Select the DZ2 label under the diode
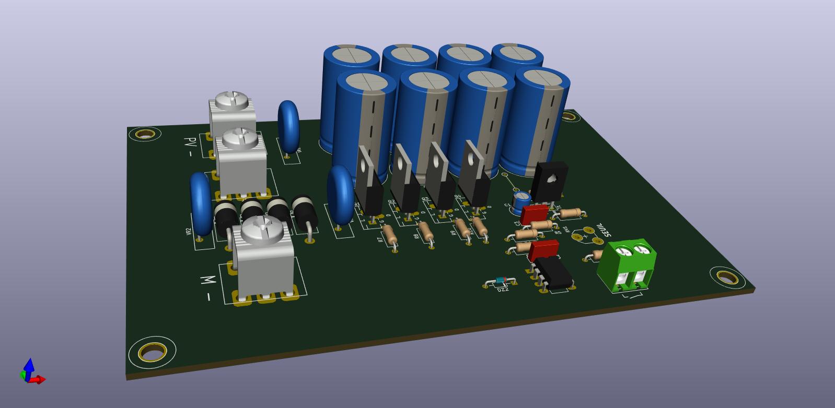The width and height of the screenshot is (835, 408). tap(502, 289)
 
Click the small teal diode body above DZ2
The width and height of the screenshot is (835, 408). tap(501, 281)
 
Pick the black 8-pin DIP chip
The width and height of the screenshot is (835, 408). tap(555, 273)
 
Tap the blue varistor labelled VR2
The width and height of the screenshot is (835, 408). tap(200, 205)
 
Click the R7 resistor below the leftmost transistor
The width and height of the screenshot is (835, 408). tap(389, 235)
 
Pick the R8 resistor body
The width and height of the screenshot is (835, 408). tap(425, 231)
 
